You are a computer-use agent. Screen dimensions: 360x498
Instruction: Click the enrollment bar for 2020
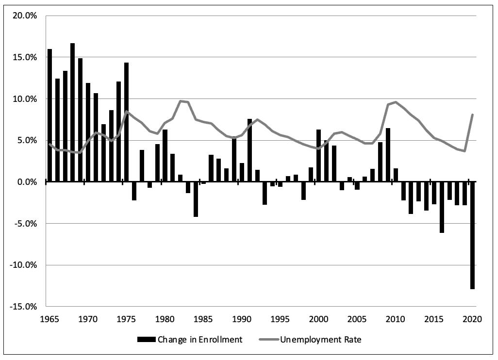pos(472,235)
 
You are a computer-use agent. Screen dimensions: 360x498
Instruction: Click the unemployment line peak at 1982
pos(181,101)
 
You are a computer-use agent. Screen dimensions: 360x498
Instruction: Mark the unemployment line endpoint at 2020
pos(472,115)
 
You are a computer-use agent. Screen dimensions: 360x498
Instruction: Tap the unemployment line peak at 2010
pos(396,102)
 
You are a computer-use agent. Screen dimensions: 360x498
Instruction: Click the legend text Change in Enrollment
pos(199,340)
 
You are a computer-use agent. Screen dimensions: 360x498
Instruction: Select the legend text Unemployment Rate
pos(321,340)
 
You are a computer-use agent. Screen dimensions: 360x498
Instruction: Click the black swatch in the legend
pos(146,340)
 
